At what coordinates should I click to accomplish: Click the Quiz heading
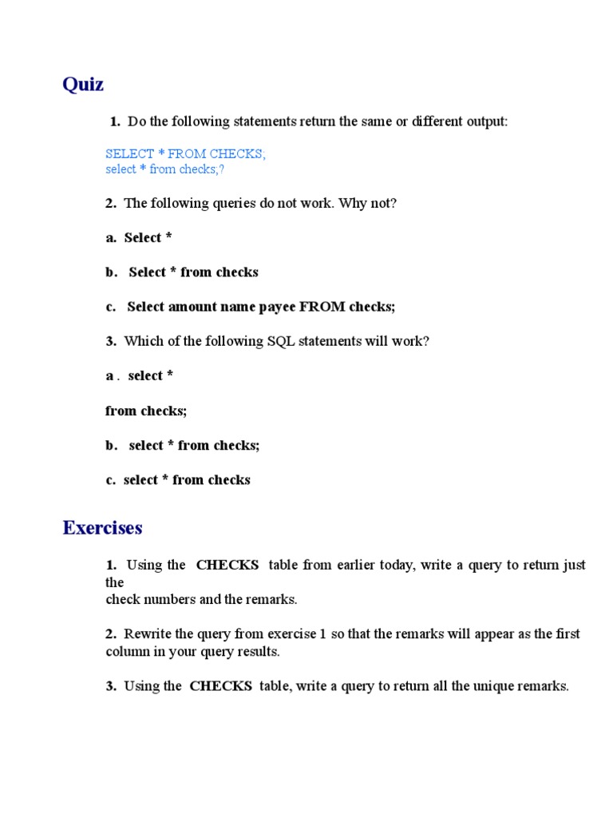pos(83,84)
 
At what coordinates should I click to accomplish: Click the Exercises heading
pos(102,528)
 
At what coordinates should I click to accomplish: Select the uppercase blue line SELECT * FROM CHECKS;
pos(185,153)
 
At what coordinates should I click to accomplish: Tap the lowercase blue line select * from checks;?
pos(170,169)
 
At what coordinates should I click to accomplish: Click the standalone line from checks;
pos(146,411)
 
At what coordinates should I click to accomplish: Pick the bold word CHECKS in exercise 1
pos(227,565)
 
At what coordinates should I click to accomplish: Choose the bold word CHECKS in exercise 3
pos(221,686)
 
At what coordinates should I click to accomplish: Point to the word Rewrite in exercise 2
pos(148,634)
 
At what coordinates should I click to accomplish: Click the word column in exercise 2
pos(127,651)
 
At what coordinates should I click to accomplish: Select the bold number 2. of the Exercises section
pos(111,634)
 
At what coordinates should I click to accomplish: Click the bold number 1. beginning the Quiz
pos(115,121)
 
